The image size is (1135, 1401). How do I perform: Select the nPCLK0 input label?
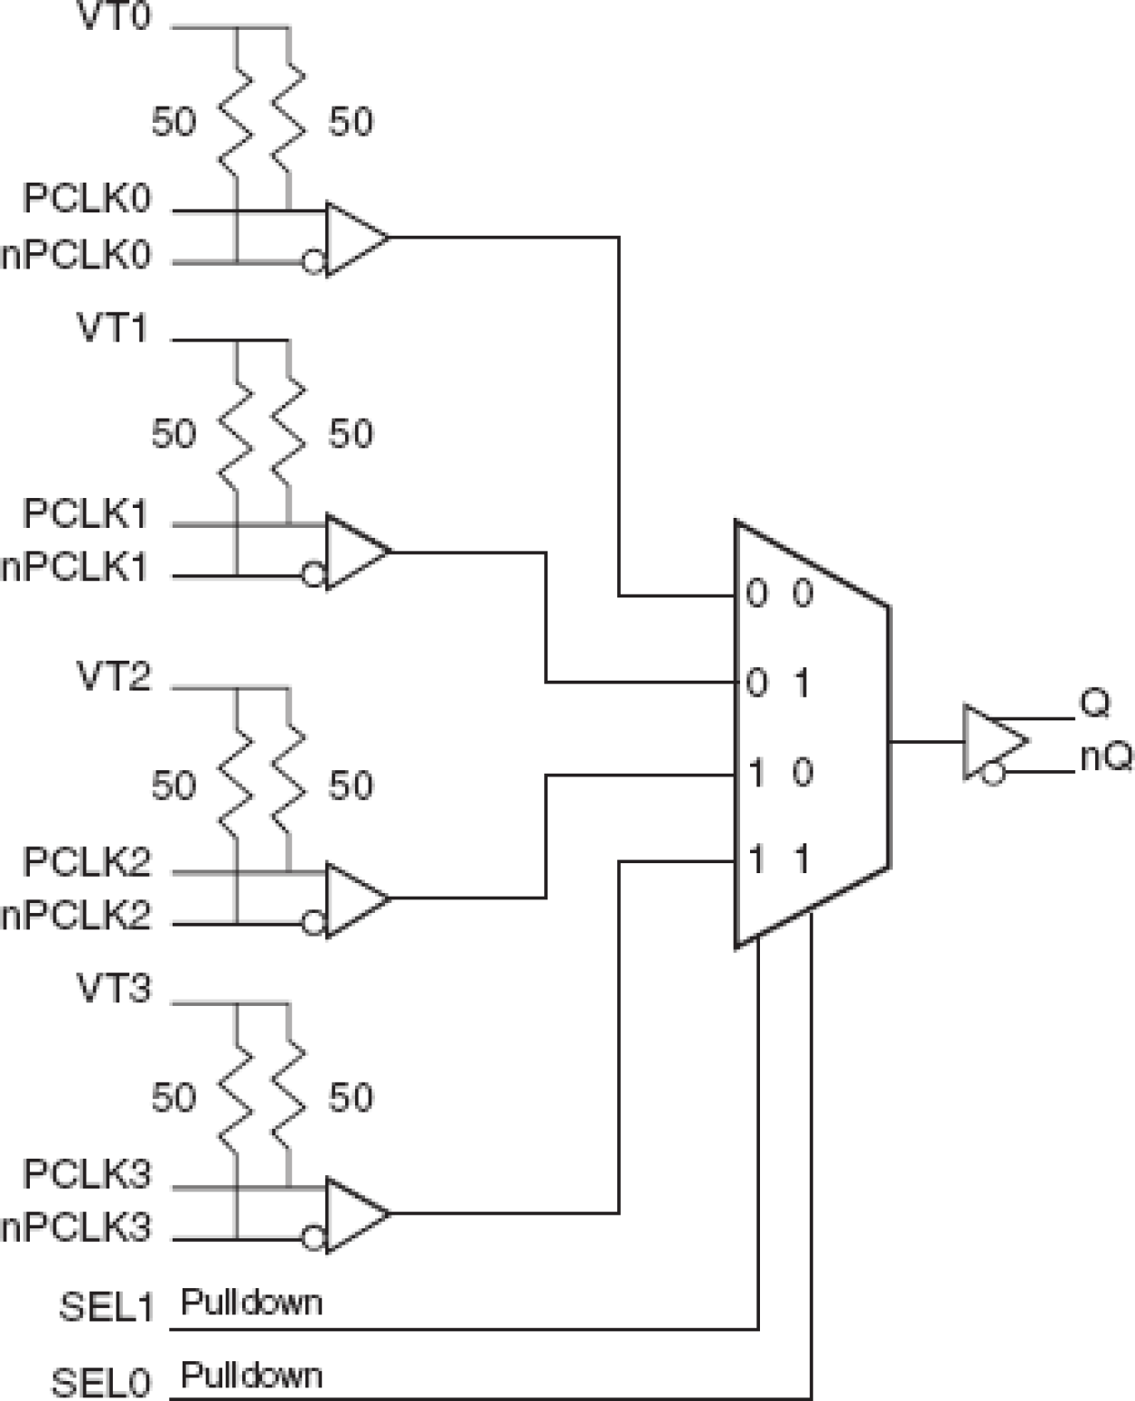click(x=76, y=256)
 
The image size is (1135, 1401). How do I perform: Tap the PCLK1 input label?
click(x=85, y=513)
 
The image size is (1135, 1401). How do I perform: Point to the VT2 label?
click(x=114, y=676)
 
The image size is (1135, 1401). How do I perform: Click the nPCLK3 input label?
click(x=76, y=1228)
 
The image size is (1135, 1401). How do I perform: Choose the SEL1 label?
click(x=107, y=1308)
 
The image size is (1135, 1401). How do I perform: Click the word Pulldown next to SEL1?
click(x=251, y=1302)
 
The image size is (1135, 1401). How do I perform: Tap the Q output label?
click(x=1094, y=703)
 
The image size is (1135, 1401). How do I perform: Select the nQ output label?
click(x=1106, y=757)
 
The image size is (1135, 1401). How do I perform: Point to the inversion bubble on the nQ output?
click(x=993, y=774)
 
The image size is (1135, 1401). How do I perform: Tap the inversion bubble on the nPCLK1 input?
click(x=313, y=576)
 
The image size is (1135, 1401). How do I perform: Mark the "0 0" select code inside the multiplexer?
click(x=780, y=594)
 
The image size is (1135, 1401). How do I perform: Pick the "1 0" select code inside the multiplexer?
click(x=780, y=773)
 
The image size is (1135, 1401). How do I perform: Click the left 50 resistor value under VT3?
click(x=174, y=1097)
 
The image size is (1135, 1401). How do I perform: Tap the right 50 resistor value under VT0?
click(x=351, y=121)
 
